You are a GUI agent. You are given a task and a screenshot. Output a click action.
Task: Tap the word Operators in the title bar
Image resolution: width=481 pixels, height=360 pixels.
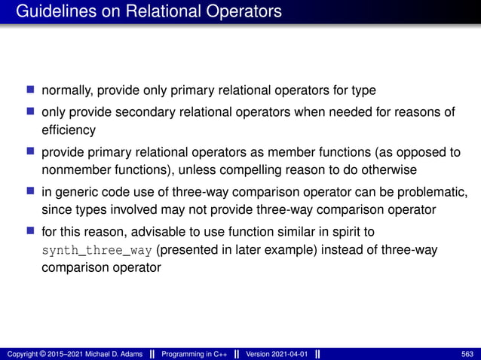(x=243, y=12)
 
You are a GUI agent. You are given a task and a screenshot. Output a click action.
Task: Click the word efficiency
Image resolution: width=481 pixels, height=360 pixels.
(x=69, y=130)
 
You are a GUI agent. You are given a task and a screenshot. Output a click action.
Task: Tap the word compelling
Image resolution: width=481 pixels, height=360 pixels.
(x=262, y=169)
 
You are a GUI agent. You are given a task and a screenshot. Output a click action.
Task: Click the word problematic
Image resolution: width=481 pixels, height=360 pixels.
(x=421, y=191)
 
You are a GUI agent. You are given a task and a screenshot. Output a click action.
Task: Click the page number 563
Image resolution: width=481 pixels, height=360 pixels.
(x=467, y=354)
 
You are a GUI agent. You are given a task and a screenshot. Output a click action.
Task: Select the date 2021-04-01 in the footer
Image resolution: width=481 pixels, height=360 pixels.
(x=286, y=354)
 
